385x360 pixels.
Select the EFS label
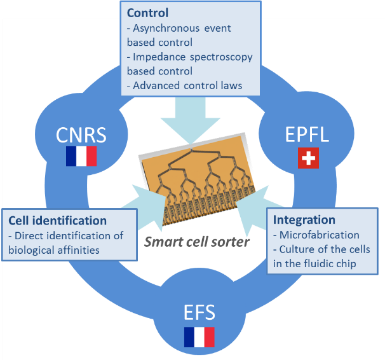(x=199, y=312)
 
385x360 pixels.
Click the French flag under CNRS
(x=81, y=156)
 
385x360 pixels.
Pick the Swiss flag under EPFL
(x=308, y=158)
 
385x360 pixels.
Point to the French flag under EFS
(x=199, y=336)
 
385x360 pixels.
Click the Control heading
(x=147, y=13)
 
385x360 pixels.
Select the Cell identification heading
(x=57, y=221)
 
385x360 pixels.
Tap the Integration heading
(x=304, y=219)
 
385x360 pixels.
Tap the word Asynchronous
(x=167, y=29)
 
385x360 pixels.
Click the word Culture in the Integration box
(x=299, y=249)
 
